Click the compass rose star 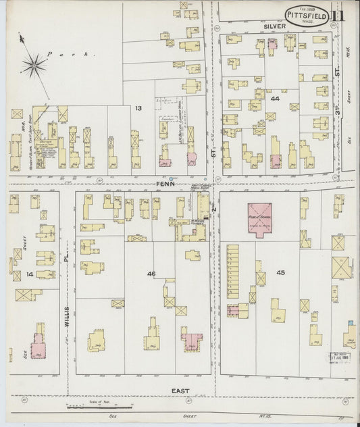tap(32, 64)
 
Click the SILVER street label tap(275, 25)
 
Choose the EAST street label tap(180, 390)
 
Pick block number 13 tap(138, 108)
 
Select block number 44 tap(275, 99)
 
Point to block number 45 tap(280, 273)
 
